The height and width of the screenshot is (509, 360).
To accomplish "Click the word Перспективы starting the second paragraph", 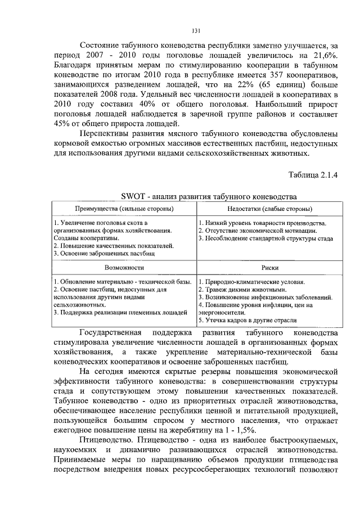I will pyautogui.click(x=109, y=134).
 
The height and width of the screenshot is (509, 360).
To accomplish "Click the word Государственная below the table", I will pyautogui.click(x=116, y=333).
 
